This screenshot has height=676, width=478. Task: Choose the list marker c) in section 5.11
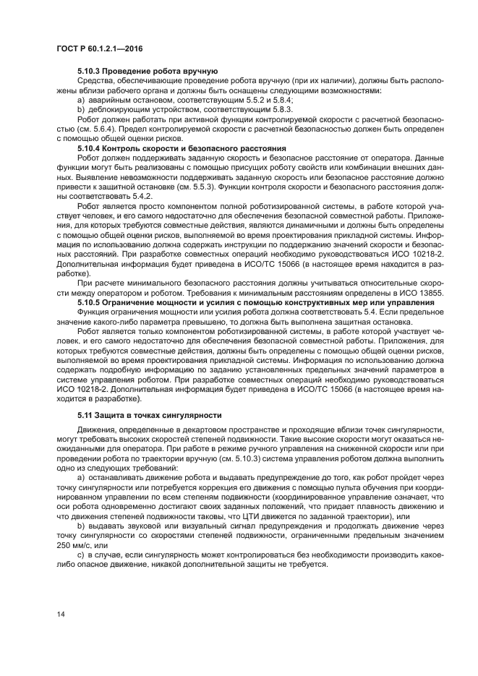tap(80, 555)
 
